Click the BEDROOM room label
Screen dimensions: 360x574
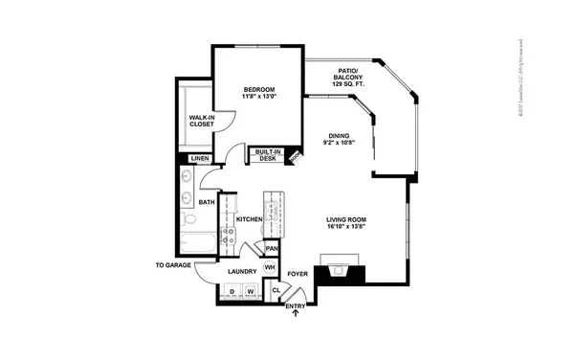(x=257, y=90)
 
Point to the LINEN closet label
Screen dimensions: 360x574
(x=200, y=158)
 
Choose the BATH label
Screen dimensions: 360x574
(x=207, y=202)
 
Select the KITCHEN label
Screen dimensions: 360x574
(x=249, y=219)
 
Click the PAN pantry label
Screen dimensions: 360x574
(x=272, y=249)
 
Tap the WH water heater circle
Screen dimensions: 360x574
(x=271, y=267)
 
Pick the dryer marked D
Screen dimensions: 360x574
(x=232, y=291)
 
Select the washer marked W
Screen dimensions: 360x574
(x=251, y=291)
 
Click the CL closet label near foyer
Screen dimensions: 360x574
(x=276, y=290)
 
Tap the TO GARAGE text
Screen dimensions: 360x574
(x=174, y=264)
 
